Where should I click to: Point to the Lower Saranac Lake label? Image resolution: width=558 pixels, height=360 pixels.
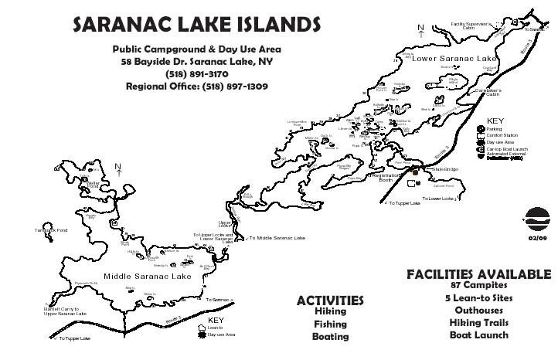(x=454, y=59)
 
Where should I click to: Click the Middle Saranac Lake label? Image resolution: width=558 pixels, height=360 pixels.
(x=147, y=276)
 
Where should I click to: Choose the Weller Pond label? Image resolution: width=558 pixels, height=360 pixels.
(x=94, y=185)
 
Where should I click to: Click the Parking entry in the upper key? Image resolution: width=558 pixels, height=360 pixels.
(x=494, y=129)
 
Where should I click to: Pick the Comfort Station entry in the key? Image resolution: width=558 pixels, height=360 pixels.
(x=502, y=136)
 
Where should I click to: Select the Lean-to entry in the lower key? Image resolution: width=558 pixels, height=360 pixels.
(x=215, y=328)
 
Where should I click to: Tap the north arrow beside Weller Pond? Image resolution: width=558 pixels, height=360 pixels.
(x=117, y=168)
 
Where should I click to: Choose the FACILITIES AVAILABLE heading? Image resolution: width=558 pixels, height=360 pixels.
(x=478, y=274)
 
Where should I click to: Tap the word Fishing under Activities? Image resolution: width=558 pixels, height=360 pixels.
(x=330, y=324)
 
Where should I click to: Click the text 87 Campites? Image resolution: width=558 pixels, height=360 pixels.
(x=478, y=285)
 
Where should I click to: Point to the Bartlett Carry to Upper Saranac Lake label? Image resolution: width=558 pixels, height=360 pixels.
(x=65, y=311)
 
